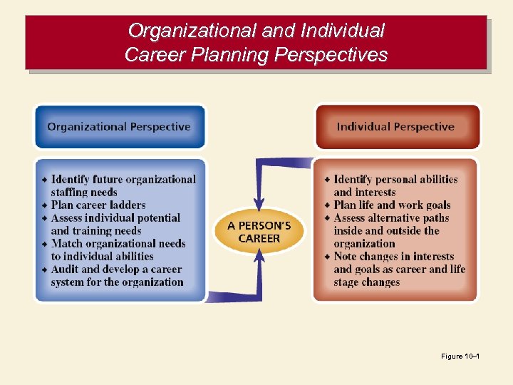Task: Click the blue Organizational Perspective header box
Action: pos(120,127)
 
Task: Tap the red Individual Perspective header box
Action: pos(396,127)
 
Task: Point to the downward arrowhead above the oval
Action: pos(259,203)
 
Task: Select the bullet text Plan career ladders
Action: pos(98,205)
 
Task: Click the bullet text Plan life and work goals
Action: pos(392,205)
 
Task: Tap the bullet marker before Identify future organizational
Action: pos(44,180)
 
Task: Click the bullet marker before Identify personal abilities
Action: pos(327,180)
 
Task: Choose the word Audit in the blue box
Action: pos(65,269)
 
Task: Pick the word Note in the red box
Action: pos(346,257)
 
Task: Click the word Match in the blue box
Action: pos(67,244)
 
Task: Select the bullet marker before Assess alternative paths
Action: pos(327,218)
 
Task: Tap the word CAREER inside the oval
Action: pos(259,239)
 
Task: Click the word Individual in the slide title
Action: pos(343,31)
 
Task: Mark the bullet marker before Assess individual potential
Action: pos(44,218)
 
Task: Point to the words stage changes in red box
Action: pos(367,282)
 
